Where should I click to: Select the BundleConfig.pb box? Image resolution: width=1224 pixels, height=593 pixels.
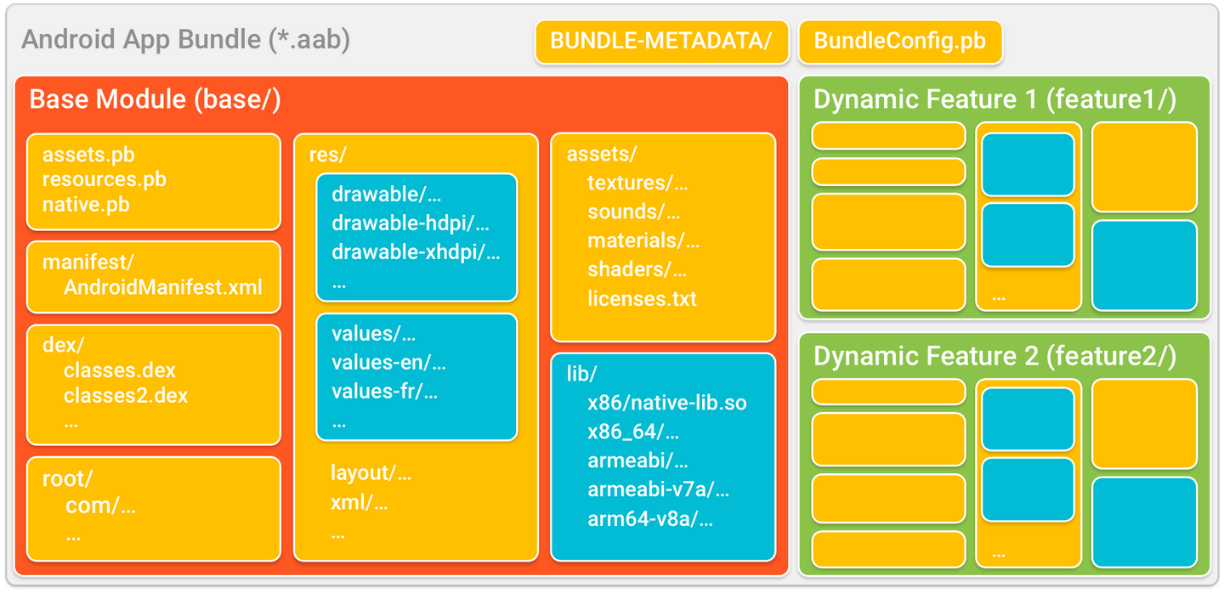click(899, 42)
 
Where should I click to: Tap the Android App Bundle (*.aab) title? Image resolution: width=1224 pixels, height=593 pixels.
click(185, 40)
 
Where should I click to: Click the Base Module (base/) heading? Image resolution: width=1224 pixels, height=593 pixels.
click(155, 99)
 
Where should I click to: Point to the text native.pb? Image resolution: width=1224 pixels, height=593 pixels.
click(86, 204)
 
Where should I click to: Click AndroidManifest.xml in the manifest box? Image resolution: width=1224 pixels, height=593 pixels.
click(162, 287)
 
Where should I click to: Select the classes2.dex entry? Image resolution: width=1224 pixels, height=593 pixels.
click(126, 395)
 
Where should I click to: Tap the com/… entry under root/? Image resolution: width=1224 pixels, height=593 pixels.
click(100, 506)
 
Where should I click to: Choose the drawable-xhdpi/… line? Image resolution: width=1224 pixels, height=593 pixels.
click(416, 252)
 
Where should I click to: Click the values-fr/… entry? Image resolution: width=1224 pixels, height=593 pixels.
click(384, 392)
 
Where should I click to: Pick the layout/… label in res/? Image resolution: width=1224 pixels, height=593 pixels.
click(371, 473)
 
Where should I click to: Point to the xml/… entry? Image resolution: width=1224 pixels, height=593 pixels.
click(359, 502)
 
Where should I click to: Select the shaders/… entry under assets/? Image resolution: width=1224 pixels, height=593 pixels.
click(637, 269)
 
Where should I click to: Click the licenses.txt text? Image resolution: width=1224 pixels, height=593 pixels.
click(642, 299)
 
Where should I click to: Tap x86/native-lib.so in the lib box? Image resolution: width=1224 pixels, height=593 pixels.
click(666, 403)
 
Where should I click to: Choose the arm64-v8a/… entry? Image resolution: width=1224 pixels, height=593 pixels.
click(650, 519)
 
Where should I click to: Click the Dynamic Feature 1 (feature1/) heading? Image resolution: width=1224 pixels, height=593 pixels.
click(994, 99)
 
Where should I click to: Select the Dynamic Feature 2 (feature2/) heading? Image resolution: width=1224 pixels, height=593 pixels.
click(994, 356)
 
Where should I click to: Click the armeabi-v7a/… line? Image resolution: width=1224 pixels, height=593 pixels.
click(658, 489)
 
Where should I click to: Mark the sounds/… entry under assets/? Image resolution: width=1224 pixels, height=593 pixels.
click(633, 212)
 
